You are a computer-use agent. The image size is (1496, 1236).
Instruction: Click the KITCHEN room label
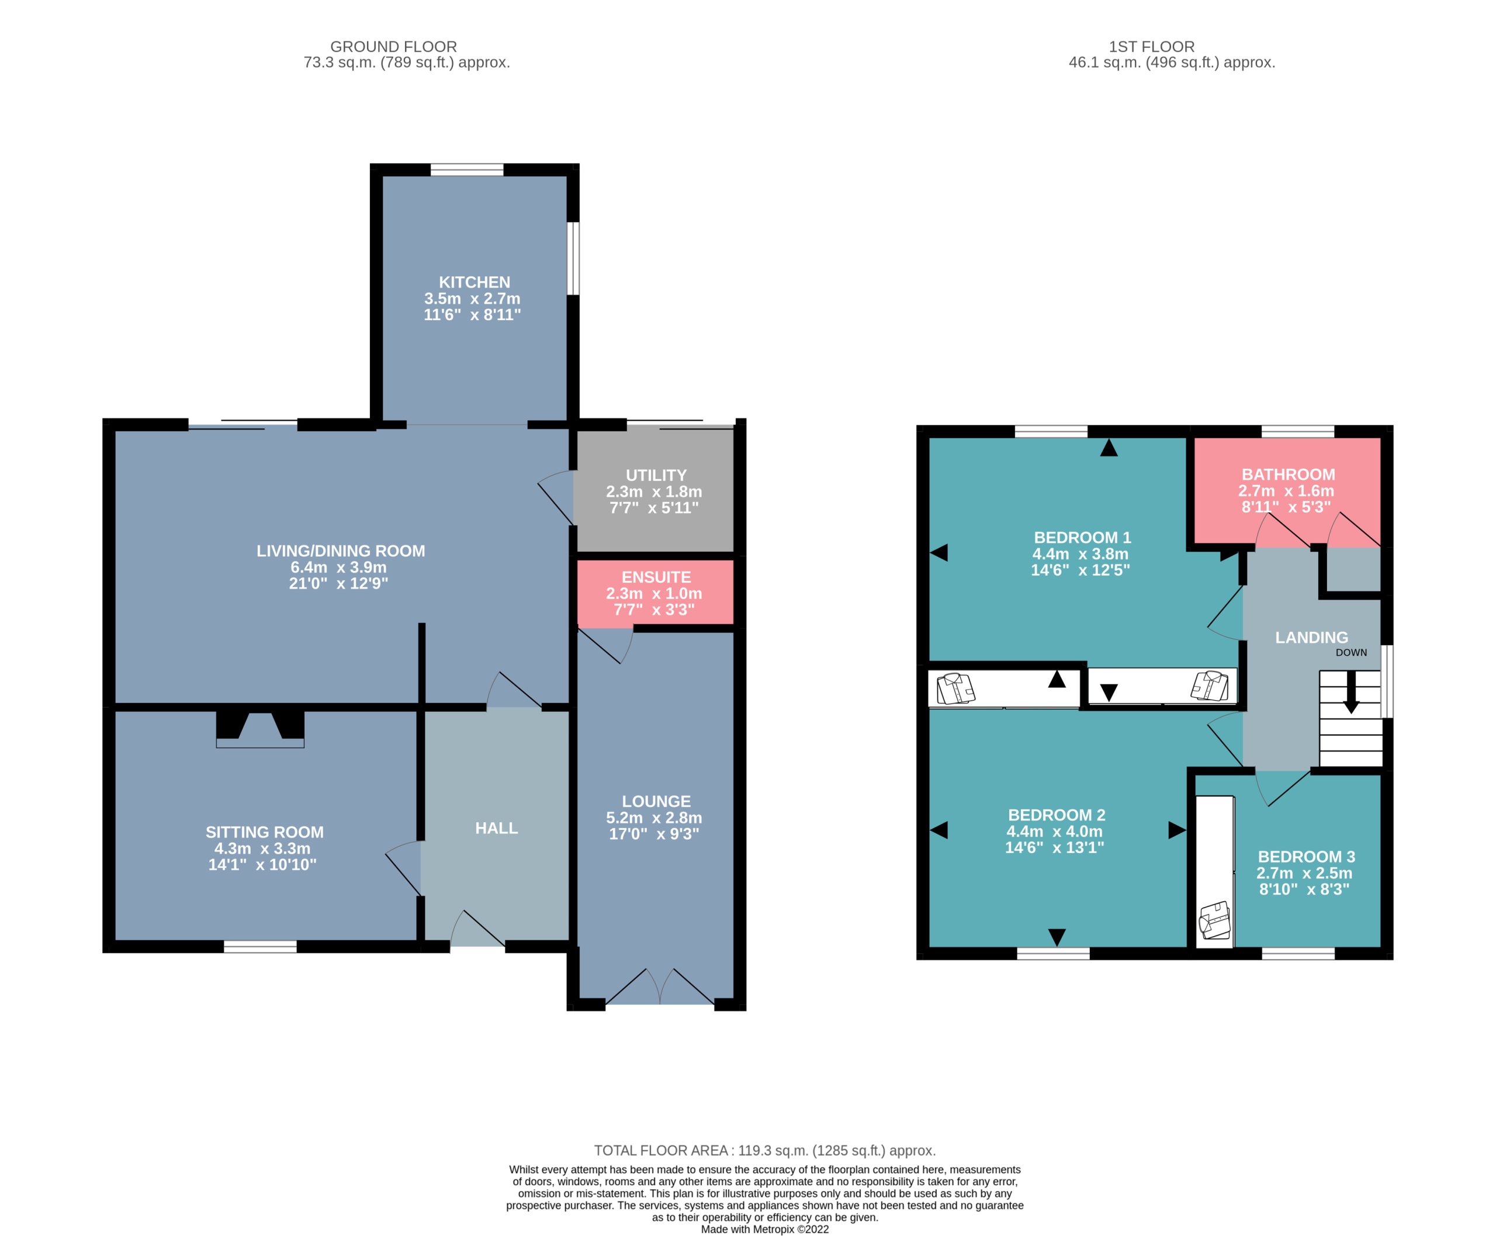click(474, 282)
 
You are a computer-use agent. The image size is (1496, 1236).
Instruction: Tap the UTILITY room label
click(656, 475)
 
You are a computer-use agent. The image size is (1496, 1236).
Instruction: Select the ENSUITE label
click(656, 577)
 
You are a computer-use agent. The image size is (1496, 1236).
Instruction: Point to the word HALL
click(496, 828)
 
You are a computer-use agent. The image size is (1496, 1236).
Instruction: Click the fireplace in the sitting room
click(260, 730)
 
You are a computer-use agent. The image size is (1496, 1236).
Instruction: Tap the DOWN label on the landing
click(1350, 652)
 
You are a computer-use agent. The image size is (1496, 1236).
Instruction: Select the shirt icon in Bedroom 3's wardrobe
click(1215, 920)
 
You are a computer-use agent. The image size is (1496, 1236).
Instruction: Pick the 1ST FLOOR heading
click(1151, 47)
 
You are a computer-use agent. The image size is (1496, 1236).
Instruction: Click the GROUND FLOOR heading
click(393, 47)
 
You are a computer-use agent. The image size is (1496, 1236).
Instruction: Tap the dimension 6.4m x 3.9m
click(338, 567)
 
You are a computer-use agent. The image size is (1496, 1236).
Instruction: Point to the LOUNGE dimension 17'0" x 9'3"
click(654, 834)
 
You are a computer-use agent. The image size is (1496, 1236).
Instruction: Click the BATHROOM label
click(1288, 474)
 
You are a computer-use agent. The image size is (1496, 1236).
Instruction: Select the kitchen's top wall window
click(467, 169)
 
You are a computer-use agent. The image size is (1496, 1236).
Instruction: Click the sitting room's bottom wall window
click(260, 946)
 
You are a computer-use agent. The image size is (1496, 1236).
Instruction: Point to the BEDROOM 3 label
click(1306, 857)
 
